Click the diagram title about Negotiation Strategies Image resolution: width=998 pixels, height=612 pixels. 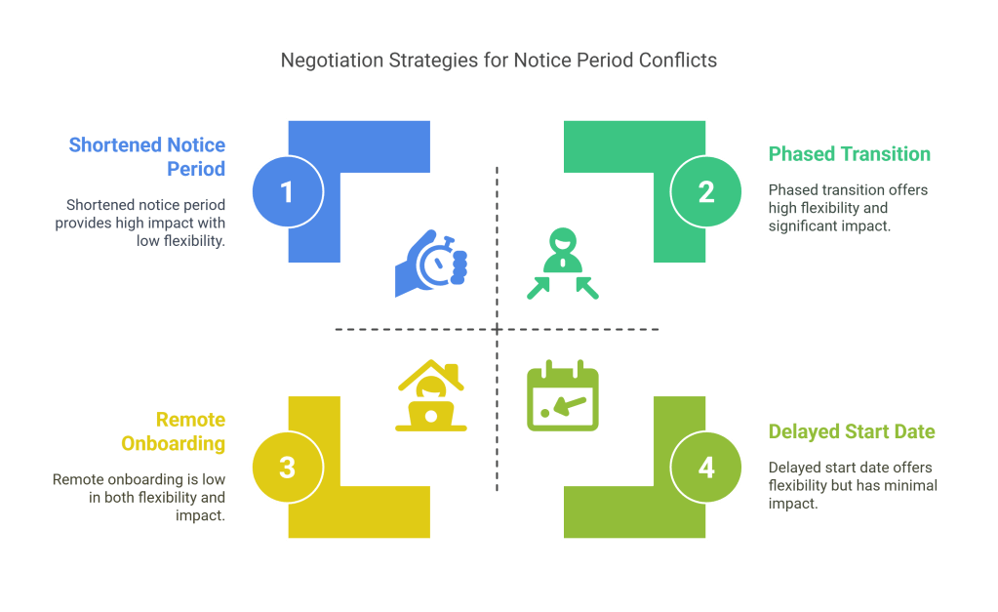click(499, 61)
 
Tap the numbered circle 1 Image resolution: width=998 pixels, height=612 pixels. click(287, 192)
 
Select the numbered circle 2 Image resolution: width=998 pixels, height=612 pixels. click(706, 192)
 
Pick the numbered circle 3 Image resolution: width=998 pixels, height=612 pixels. click(287, 468)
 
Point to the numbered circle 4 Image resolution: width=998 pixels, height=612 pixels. click(706, 468)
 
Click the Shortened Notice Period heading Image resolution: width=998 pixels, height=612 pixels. click(147, 156)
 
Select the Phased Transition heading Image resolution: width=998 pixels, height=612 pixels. click(849, 154)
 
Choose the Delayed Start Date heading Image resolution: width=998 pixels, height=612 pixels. click(852, 431)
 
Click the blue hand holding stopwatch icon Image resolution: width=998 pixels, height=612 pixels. click(431, 263)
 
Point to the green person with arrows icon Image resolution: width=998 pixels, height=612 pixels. click(563, 263)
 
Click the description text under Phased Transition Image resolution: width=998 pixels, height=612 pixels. click(848, 207)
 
